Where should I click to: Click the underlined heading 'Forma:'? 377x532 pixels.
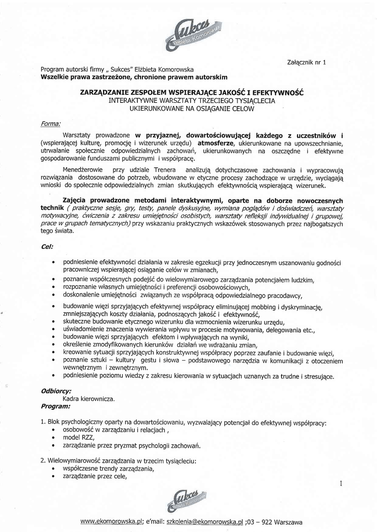click(50, 124)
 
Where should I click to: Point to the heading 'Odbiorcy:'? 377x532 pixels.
click(56, 391)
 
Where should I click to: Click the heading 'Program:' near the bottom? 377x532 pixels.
click(55, 407)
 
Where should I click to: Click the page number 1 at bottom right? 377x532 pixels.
click(340, 484)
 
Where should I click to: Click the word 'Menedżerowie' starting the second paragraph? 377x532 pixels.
click(82, 170)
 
